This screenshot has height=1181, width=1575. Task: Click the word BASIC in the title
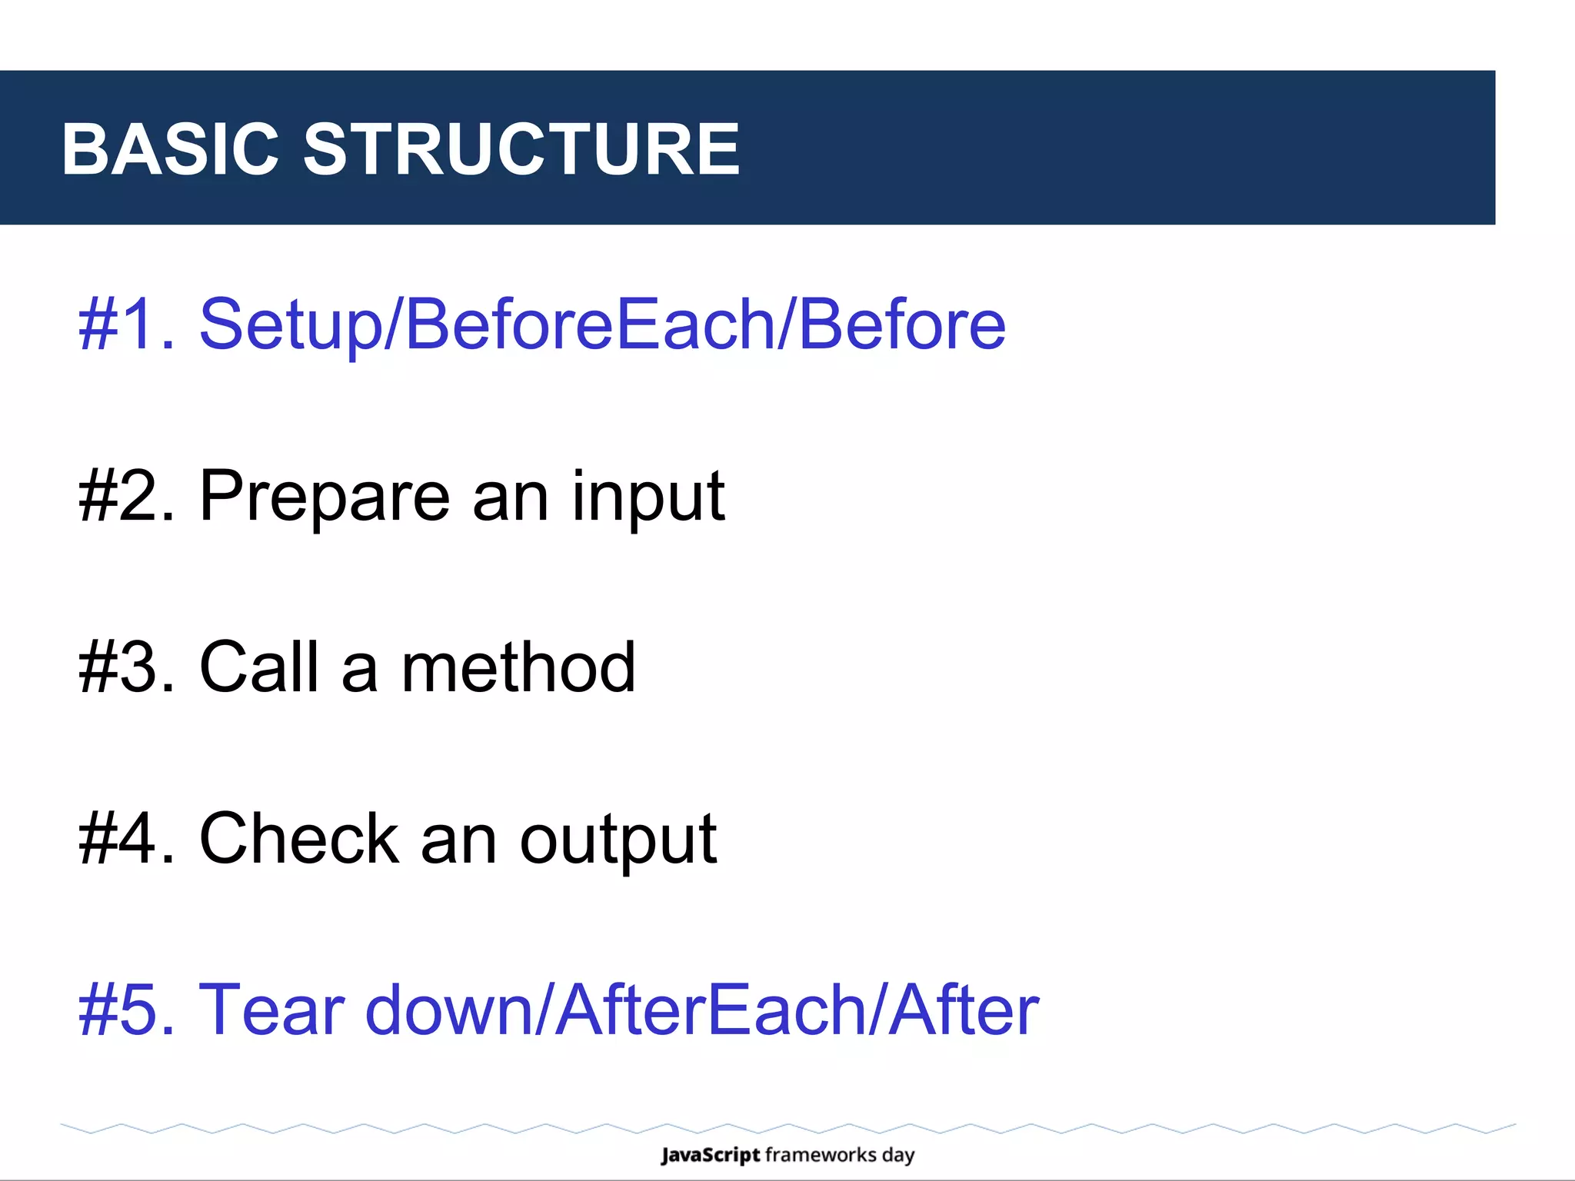[x=169, y=149]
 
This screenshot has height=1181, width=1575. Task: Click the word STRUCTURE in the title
[x=521, y=149]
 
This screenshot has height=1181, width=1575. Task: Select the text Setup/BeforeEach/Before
[x=602, y=324]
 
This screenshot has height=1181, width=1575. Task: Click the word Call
[x=259, y=667]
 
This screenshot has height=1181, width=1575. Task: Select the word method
[x=518, y=667]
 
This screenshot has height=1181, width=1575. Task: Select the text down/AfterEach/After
[x=701, y=1010]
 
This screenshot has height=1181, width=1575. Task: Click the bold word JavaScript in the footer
[x=710, y=1156]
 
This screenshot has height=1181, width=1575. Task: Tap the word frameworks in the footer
[x=821, y=1155]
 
